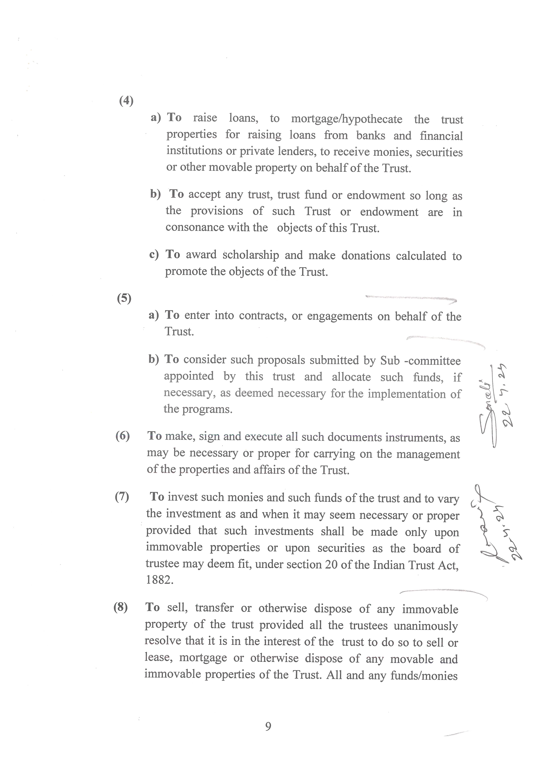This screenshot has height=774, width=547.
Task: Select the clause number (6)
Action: click(122, 436)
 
